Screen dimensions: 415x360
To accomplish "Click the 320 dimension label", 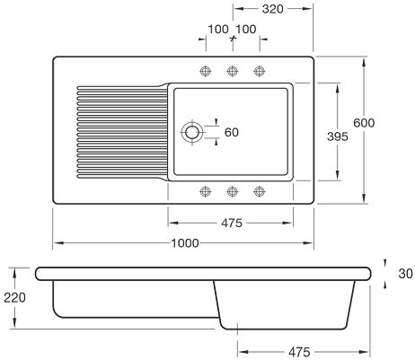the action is [x=272, y=9].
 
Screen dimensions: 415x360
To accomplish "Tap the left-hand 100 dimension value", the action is [x=218, y=30].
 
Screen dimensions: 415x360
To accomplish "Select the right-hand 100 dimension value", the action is [x=246, y=30].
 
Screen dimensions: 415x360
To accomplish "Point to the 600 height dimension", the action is [x=364, y=123].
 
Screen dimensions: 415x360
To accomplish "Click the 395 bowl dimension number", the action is [x=338, y=136].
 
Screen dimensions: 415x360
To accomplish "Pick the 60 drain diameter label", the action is [x=232, y=132].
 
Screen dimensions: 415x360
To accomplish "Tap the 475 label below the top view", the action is [x=232, y=224].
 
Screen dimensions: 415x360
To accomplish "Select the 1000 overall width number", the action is [x=185, y=243].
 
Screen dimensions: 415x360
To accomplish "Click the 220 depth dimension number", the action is [x=14, y=298].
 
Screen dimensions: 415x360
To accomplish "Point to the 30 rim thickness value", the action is [x=405, y=274].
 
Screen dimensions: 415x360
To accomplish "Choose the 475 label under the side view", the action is [x=299, y=352].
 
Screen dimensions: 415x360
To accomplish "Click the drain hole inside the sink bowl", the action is [x=192, y=132].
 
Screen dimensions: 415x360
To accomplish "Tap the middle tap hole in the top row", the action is [x=233, y=71].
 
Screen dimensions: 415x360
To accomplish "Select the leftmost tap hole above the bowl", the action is [x=206, y=71].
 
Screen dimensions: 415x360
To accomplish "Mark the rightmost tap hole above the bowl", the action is [x=260, y=71].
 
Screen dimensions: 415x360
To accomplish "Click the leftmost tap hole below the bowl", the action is [x=206, y=191].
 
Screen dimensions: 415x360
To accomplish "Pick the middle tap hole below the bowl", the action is [x=233, y=191].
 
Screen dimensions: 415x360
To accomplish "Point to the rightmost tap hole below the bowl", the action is [x=260, y=191].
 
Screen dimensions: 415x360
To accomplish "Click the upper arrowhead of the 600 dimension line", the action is [x=364, y=62].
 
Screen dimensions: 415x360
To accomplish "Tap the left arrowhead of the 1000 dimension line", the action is [x=58, y=243].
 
